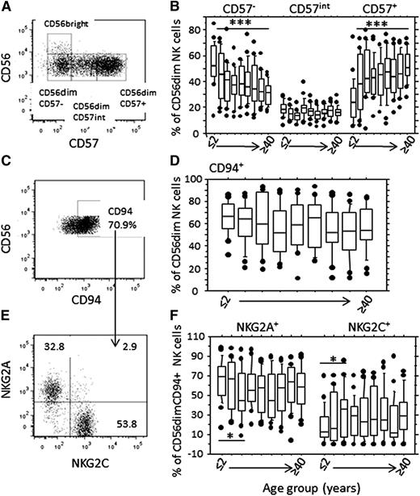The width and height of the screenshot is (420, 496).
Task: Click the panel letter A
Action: pos(7,7)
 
